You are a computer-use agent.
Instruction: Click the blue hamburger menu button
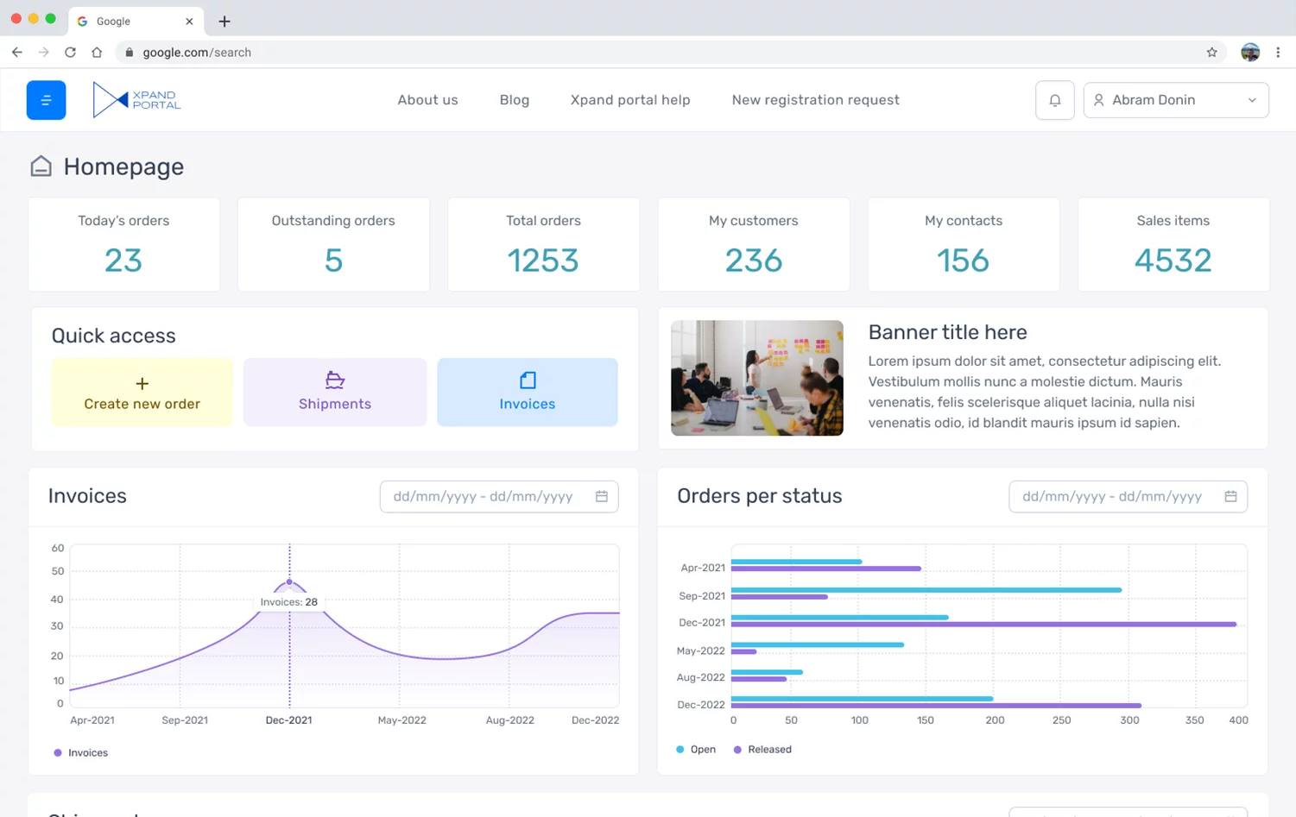click(x=46, y=100)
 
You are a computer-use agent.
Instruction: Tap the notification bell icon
click(x=1054, y=100)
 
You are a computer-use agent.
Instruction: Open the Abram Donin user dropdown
click(x=1175, y=100)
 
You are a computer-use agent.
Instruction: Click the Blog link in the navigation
click(x=514, y=100)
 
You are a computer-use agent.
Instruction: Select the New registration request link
click(x=815, y=100)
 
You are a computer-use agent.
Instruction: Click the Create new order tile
click(x=142, y=393)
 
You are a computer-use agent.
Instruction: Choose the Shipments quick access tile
click(x=335, y=393)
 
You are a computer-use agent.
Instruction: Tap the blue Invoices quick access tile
click(x=527, y=393)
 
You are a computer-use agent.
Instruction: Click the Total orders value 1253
click(x=543, y=261)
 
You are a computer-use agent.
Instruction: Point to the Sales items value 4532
click(x=1173, y=261)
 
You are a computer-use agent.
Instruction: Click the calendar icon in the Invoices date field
click(x=602, y=496)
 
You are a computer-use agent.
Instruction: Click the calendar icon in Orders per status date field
click(x=1230, y=496)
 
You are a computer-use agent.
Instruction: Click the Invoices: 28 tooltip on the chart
click(x=288, y=602)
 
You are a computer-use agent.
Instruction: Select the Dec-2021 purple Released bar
click(x=983, y=624)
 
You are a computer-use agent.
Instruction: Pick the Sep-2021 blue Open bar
click(x=926, y=590)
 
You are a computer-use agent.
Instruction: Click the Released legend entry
click(x=762, y=750)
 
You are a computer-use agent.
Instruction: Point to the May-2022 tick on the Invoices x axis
click(x=401, y=720)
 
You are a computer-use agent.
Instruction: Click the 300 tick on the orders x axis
click(x=1129, y=720)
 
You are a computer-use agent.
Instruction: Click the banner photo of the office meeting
click(x=756, y=378)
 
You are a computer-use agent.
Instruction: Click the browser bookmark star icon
click(x=1211, y=53)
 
